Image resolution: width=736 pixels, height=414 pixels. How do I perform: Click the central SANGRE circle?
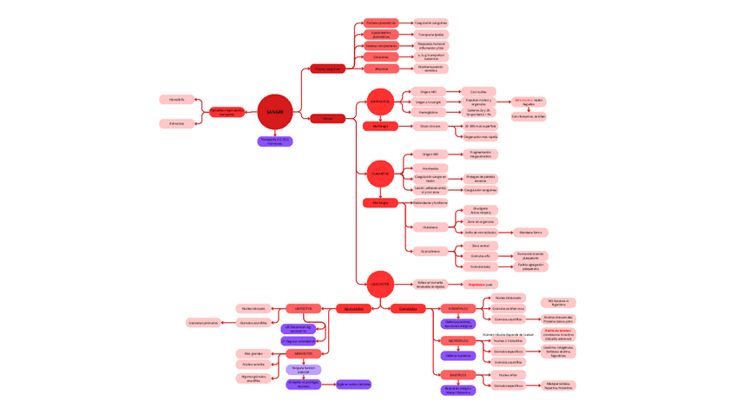(275, 112)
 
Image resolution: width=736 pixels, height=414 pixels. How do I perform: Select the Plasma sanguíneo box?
(328, 69)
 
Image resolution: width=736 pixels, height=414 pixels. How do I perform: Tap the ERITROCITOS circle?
(380, 102)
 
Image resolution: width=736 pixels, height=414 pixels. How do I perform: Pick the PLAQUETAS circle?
(380, 174)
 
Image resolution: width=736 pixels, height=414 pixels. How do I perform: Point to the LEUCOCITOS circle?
(380, 284)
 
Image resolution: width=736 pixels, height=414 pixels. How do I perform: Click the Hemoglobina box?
(429, 112)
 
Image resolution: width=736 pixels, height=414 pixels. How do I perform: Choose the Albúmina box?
(381, 69)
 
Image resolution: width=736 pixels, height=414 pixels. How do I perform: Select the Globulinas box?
(381, 57)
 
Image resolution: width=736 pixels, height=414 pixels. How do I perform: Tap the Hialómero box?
(430, 227)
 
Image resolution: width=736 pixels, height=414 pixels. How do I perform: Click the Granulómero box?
(430, 252)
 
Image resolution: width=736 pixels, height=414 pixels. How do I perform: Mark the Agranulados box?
(354, 309)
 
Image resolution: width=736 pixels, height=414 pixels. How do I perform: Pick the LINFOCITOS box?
(304, 308)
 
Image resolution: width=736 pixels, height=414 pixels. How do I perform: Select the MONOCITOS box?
(304, 354)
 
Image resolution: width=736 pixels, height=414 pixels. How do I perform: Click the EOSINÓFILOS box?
(457, 308)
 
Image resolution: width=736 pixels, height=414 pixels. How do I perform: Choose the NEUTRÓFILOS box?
(457, 341)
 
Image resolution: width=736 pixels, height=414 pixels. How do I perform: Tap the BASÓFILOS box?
(457, 375)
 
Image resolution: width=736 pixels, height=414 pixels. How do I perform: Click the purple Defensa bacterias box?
(457, 356)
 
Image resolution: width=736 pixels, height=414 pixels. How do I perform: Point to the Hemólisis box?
(177, 100)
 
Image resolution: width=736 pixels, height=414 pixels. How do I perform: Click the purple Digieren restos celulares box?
(353, 384)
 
